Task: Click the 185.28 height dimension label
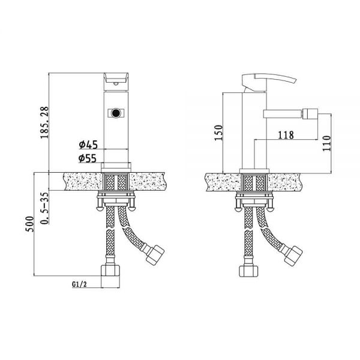[44, 122]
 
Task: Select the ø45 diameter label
[88, 145]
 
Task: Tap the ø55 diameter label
[88, 158]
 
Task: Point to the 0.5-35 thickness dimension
[45, 208]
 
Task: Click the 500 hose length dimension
[29, 224]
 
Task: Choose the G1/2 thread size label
[79, 284]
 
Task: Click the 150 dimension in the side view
[218, 133]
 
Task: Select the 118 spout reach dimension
[286, 135]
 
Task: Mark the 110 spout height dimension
[326, 143]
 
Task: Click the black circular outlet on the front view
[115, 113]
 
